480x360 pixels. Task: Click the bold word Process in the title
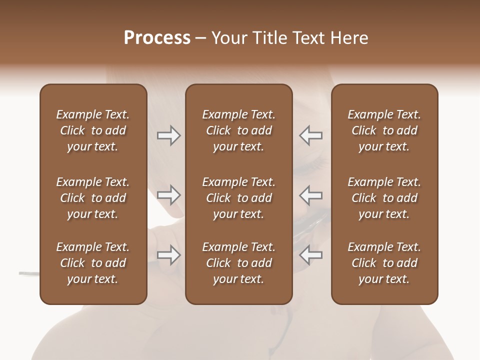click(157, 38)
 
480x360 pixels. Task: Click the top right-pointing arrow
click(168, 135)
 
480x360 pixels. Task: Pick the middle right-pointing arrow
click(168, 195)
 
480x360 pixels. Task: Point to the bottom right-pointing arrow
click(168, 255)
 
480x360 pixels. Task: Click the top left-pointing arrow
click(311, 135)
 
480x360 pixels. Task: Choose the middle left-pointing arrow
click(311, 195)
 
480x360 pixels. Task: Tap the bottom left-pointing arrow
click(311, 255)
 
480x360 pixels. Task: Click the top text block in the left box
click(93, 130)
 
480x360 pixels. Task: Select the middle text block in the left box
click(93, 198)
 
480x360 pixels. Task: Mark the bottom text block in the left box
click(93, 263)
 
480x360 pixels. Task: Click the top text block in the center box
click(239, 130)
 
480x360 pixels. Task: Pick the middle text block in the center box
click(239, 198)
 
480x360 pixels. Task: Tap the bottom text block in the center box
click(239, 263)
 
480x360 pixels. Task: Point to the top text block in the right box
click(384, 130)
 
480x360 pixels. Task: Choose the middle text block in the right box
click(384, 198)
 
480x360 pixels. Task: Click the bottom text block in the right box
click(384, 263)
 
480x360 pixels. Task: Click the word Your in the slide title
click(227, 38)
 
